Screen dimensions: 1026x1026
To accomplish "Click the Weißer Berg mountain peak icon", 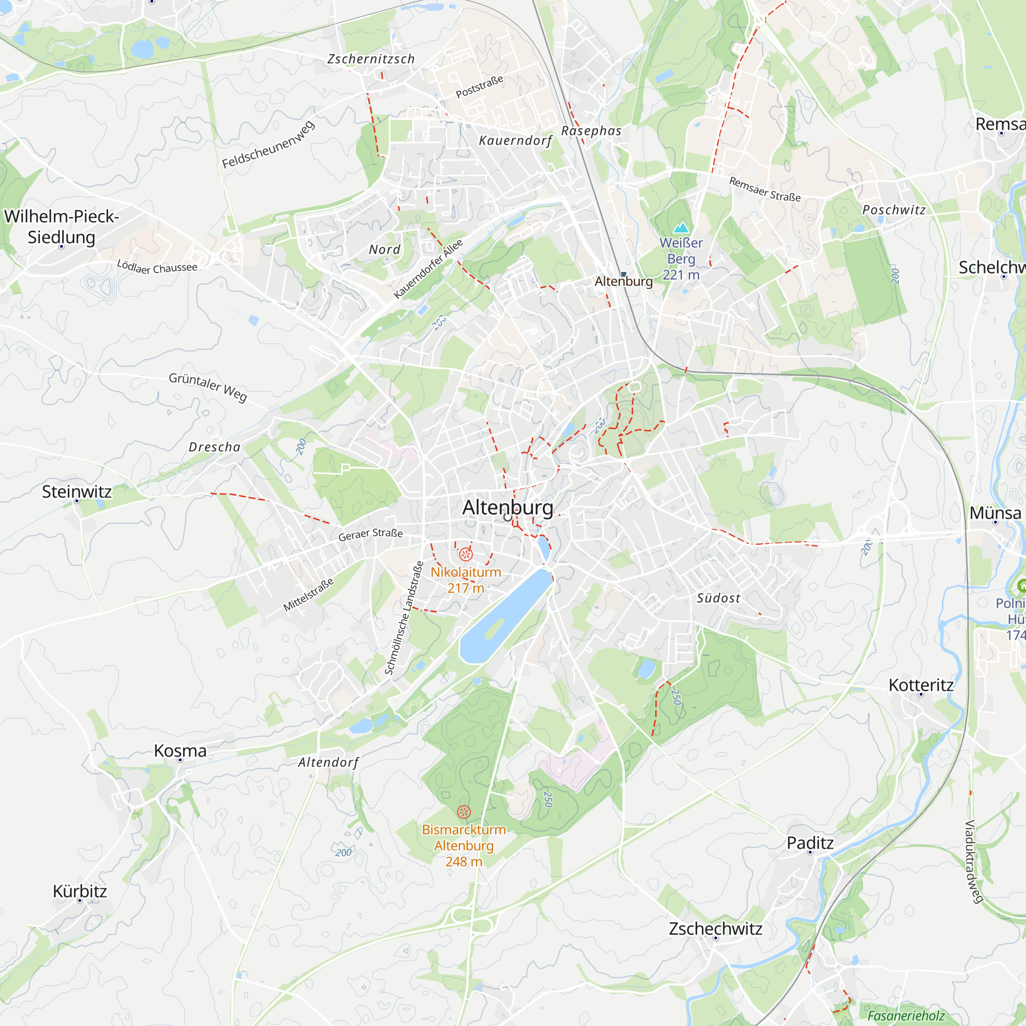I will coord(681,228).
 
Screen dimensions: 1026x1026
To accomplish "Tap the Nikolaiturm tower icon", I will coord(466,555).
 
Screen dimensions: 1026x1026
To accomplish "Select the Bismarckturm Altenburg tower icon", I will coord(464,812).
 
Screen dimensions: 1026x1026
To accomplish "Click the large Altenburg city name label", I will coord(508,507).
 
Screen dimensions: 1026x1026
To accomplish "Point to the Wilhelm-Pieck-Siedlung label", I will coord(62,227).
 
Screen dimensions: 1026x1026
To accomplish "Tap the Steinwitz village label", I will coord(77,492).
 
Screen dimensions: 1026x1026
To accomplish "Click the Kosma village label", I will coord(180,751).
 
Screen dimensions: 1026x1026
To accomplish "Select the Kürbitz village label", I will coord(80,891).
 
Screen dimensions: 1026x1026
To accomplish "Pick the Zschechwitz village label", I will coord(715,929).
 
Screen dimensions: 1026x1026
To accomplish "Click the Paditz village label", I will coord(810,843).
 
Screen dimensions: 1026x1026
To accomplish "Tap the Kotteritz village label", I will coord(921,685).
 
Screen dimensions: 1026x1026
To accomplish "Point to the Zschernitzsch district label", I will coord(371,59).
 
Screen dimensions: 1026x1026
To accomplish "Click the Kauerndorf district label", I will coord(516,141).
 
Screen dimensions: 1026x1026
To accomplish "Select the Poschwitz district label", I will coord(894,210).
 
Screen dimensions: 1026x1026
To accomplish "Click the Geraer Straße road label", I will coord(371,534).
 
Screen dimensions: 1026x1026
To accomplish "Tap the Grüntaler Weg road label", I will coord(208,386).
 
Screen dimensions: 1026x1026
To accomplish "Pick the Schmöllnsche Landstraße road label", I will coord(405,618).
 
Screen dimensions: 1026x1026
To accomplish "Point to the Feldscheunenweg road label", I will coord(269,145).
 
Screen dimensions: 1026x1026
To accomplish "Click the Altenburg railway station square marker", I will coord(624,274).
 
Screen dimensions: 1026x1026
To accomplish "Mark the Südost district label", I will coord(719,599).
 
